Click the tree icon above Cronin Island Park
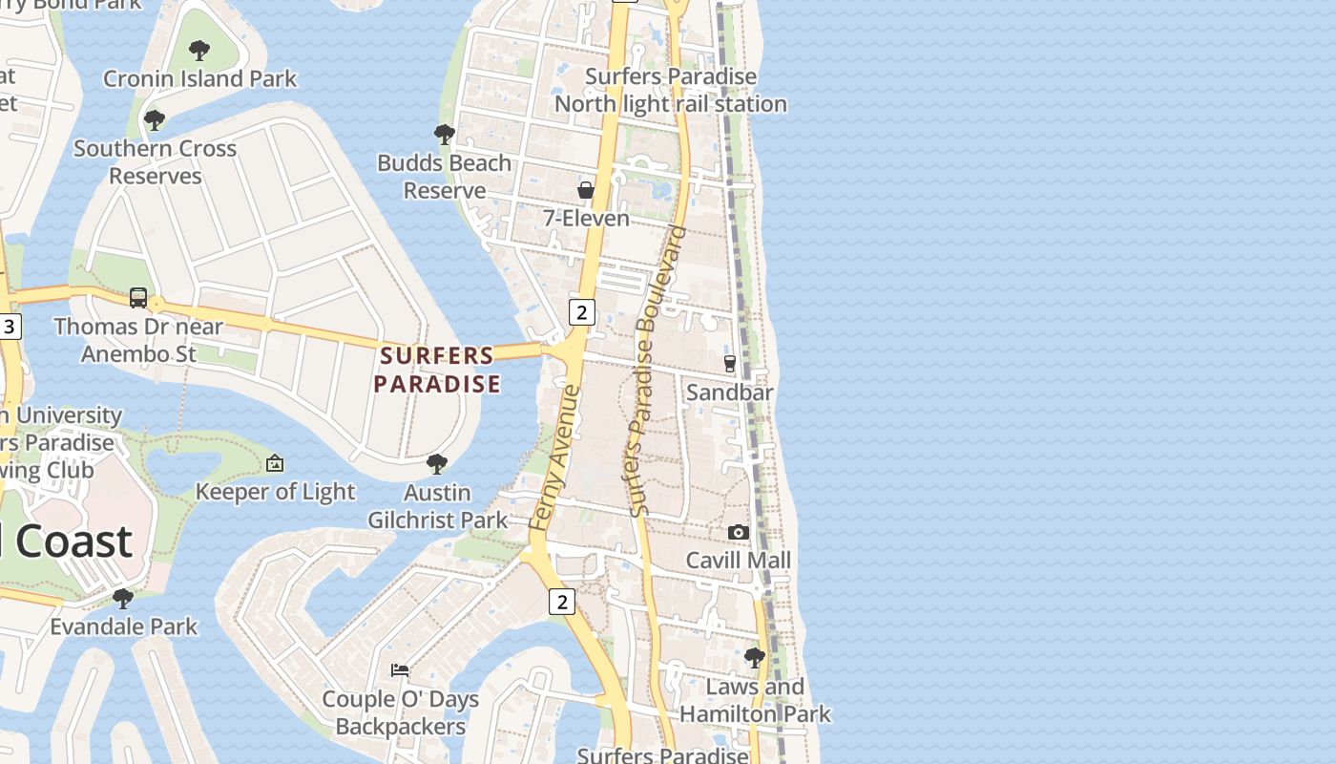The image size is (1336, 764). point(199,51)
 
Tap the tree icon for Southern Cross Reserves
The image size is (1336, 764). point(154,120)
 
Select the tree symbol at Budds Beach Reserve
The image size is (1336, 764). point(444,135)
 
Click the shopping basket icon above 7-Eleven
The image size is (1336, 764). point(586,190)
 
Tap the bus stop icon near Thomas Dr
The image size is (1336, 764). point(138,298)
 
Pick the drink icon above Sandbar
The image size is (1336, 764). point(730,364)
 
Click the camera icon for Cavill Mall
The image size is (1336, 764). point(738,532)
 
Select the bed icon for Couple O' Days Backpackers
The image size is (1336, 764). point(400,670)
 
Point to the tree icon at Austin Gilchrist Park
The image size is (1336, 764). point(437,464)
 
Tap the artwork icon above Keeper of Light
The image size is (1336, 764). point(275,463)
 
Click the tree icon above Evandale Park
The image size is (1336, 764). point(123,599)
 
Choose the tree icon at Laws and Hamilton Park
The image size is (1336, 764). point(754,658)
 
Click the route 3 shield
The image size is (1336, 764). point(10,327)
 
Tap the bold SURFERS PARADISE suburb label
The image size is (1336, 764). point(437,370)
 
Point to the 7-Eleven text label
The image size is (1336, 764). point(586,219)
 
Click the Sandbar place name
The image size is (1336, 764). point(730,393)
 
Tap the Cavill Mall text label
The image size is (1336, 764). point(738,561)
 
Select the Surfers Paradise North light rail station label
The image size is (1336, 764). point(670,90)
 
